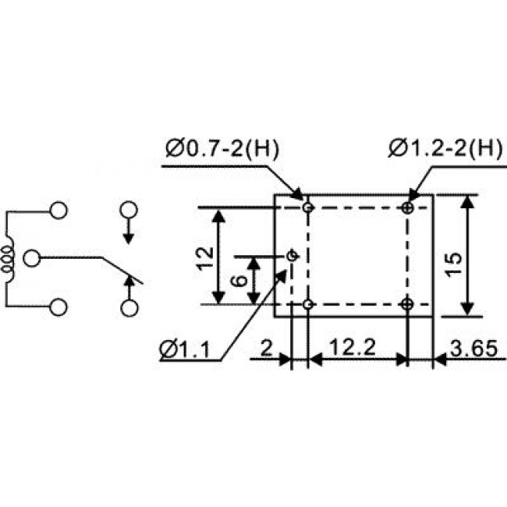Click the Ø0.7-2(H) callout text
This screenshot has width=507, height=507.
click(x=222, y=148)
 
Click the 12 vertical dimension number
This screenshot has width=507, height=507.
click(x=204, y=256)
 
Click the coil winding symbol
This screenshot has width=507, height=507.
click(x=9, y=257)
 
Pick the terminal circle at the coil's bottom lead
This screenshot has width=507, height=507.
click(x=58, y=307)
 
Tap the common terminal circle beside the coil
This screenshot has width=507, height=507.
click(x=32, y=257)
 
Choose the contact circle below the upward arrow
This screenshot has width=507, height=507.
click(x=129, y=307)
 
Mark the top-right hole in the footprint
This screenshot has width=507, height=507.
click(x=408, y=207)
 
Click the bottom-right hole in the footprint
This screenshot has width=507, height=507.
click(x=408, y=303)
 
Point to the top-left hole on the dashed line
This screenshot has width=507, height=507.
click(x=309, y=207)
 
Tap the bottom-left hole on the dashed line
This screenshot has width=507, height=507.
click(x=309, y=303)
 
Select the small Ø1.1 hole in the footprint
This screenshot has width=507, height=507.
click(x=292, y=255)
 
